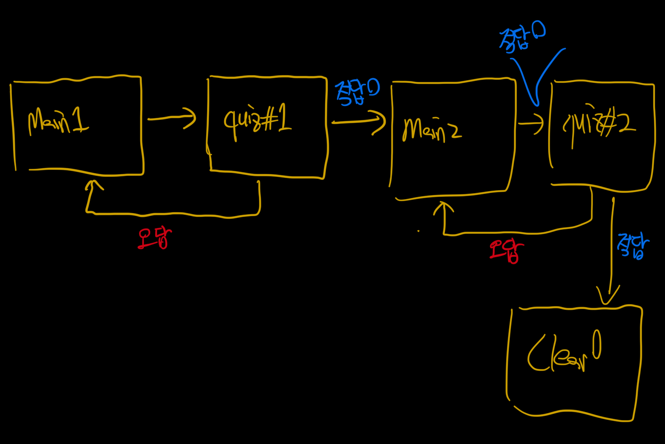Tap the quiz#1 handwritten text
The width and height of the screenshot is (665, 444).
(257, 122)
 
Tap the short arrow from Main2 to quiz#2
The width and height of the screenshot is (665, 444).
(531, 124)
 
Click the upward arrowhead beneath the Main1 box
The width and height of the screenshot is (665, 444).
(93, 185)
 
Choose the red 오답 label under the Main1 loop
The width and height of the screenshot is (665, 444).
(154, 238)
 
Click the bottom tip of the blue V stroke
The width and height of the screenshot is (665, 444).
(536, 104)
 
